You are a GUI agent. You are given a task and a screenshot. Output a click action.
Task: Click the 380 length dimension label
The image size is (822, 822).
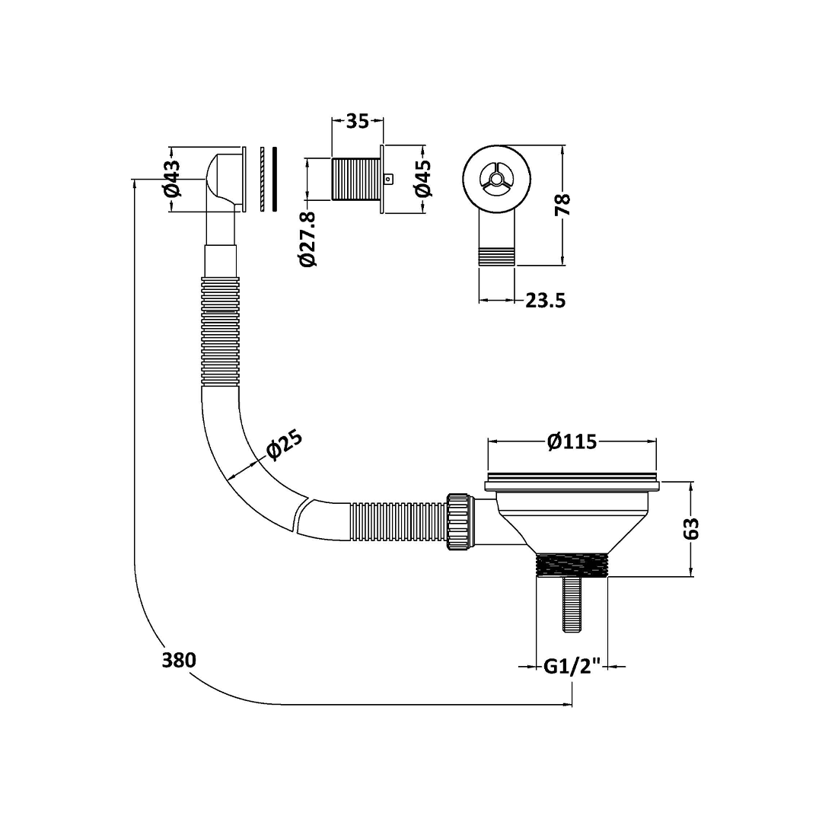(x=179, y=660)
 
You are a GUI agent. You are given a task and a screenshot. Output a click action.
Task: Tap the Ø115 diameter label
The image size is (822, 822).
(x=572, y=441)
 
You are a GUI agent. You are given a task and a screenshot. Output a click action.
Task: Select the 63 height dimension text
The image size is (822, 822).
(x=691, y=528)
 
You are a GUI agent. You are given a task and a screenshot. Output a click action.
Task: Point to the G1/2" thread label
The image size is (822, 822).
(x=572, y=667)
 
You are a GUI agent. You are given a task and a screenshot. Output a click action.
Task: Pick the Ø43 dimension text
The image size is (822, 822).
(x=172, y=178)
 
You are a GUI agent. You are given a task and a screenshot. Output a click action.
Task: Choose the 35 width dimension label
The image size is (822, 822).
(x=357, y=121)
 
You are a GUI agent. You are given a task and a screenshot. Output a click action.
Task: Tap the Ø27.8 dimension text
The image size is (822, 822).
(x=308, y=238)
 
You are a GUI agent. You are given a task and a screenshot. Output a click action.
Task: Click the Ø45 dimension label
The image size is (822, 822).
(x=423, y=178)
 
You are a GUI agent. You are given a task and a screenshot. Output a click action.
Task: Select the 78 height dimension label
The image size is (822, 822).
(x=563, y=205)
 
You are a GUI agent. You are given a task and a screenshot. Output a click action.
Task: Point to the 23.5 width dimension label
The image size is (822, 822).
(x=545, y=301)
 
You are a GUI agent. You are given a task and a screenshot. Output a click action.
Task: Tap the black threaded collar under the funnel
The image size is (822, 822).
(x=572, y=566)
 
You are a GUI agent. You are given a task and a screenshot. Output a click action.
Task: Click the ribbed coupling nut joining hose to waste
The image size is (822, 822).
(x=460, y=523)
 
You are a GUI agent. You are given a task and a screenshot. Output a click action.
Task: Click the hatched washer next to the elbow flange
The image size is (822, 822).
(x=262, y=179)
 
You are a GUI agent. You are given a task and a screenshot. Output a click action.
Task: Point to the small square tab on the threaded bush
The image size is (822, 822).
(x=390, y=180)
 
